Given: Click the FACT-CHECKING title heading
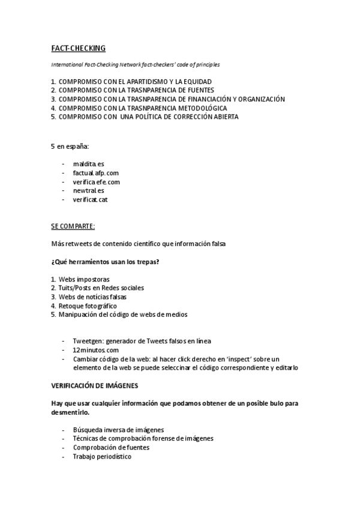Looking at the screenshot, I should [x=77, y=48].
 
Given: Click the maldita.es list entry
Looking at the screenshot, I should [x=89, y=163].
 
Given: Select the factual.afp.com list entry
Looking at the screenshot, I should [x=92, y=172].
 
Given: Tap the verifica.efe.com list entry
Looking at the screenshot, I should [x=97, y=181].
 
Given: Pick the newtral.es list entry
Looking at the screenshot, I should [x=89, y=190].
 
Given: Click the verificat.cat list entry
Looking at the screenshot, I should [x=91, y=199].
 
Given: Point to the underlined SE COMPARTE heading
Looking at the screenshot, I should [x=73, y=226].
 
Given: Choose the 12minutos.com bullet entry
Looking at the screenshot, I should [x=96, y=350].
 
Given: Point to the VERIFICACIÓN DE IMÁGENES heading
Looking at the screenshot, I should [x=95, y=386].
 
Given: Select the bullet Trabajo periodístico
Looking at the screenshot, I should [x=102, y=456].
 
